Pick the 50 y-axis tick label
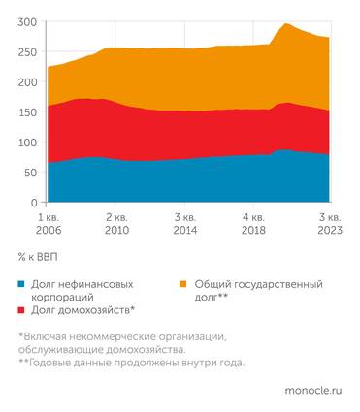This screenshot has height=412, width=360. coord(30,173)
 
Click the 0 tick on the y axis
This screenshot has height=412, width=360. coord(33,203)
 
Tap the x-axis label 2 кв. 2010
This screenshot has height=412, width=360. coord(116,225)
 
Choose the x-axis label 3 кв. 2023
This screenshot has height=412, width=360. coord(327,225)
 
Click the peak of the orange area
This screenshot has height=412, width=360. coord(285,24)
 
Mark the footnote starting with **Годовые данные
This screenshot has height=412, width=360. coord(131,363)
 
